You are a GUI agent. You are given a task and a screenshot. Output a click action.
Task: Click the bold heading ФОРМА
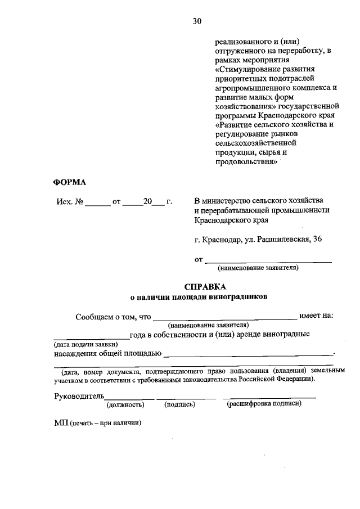70,182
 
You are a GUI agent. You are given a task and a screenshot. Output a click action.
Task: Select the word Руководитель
79,396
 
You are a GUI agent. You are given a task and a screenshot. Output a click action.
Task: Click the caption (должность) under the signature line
125,404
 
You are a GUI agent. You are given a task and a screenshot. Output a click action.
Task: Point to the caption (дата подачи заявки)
85,344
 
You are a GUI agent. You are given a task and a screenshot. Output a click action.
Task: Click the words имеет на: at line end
316,316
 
